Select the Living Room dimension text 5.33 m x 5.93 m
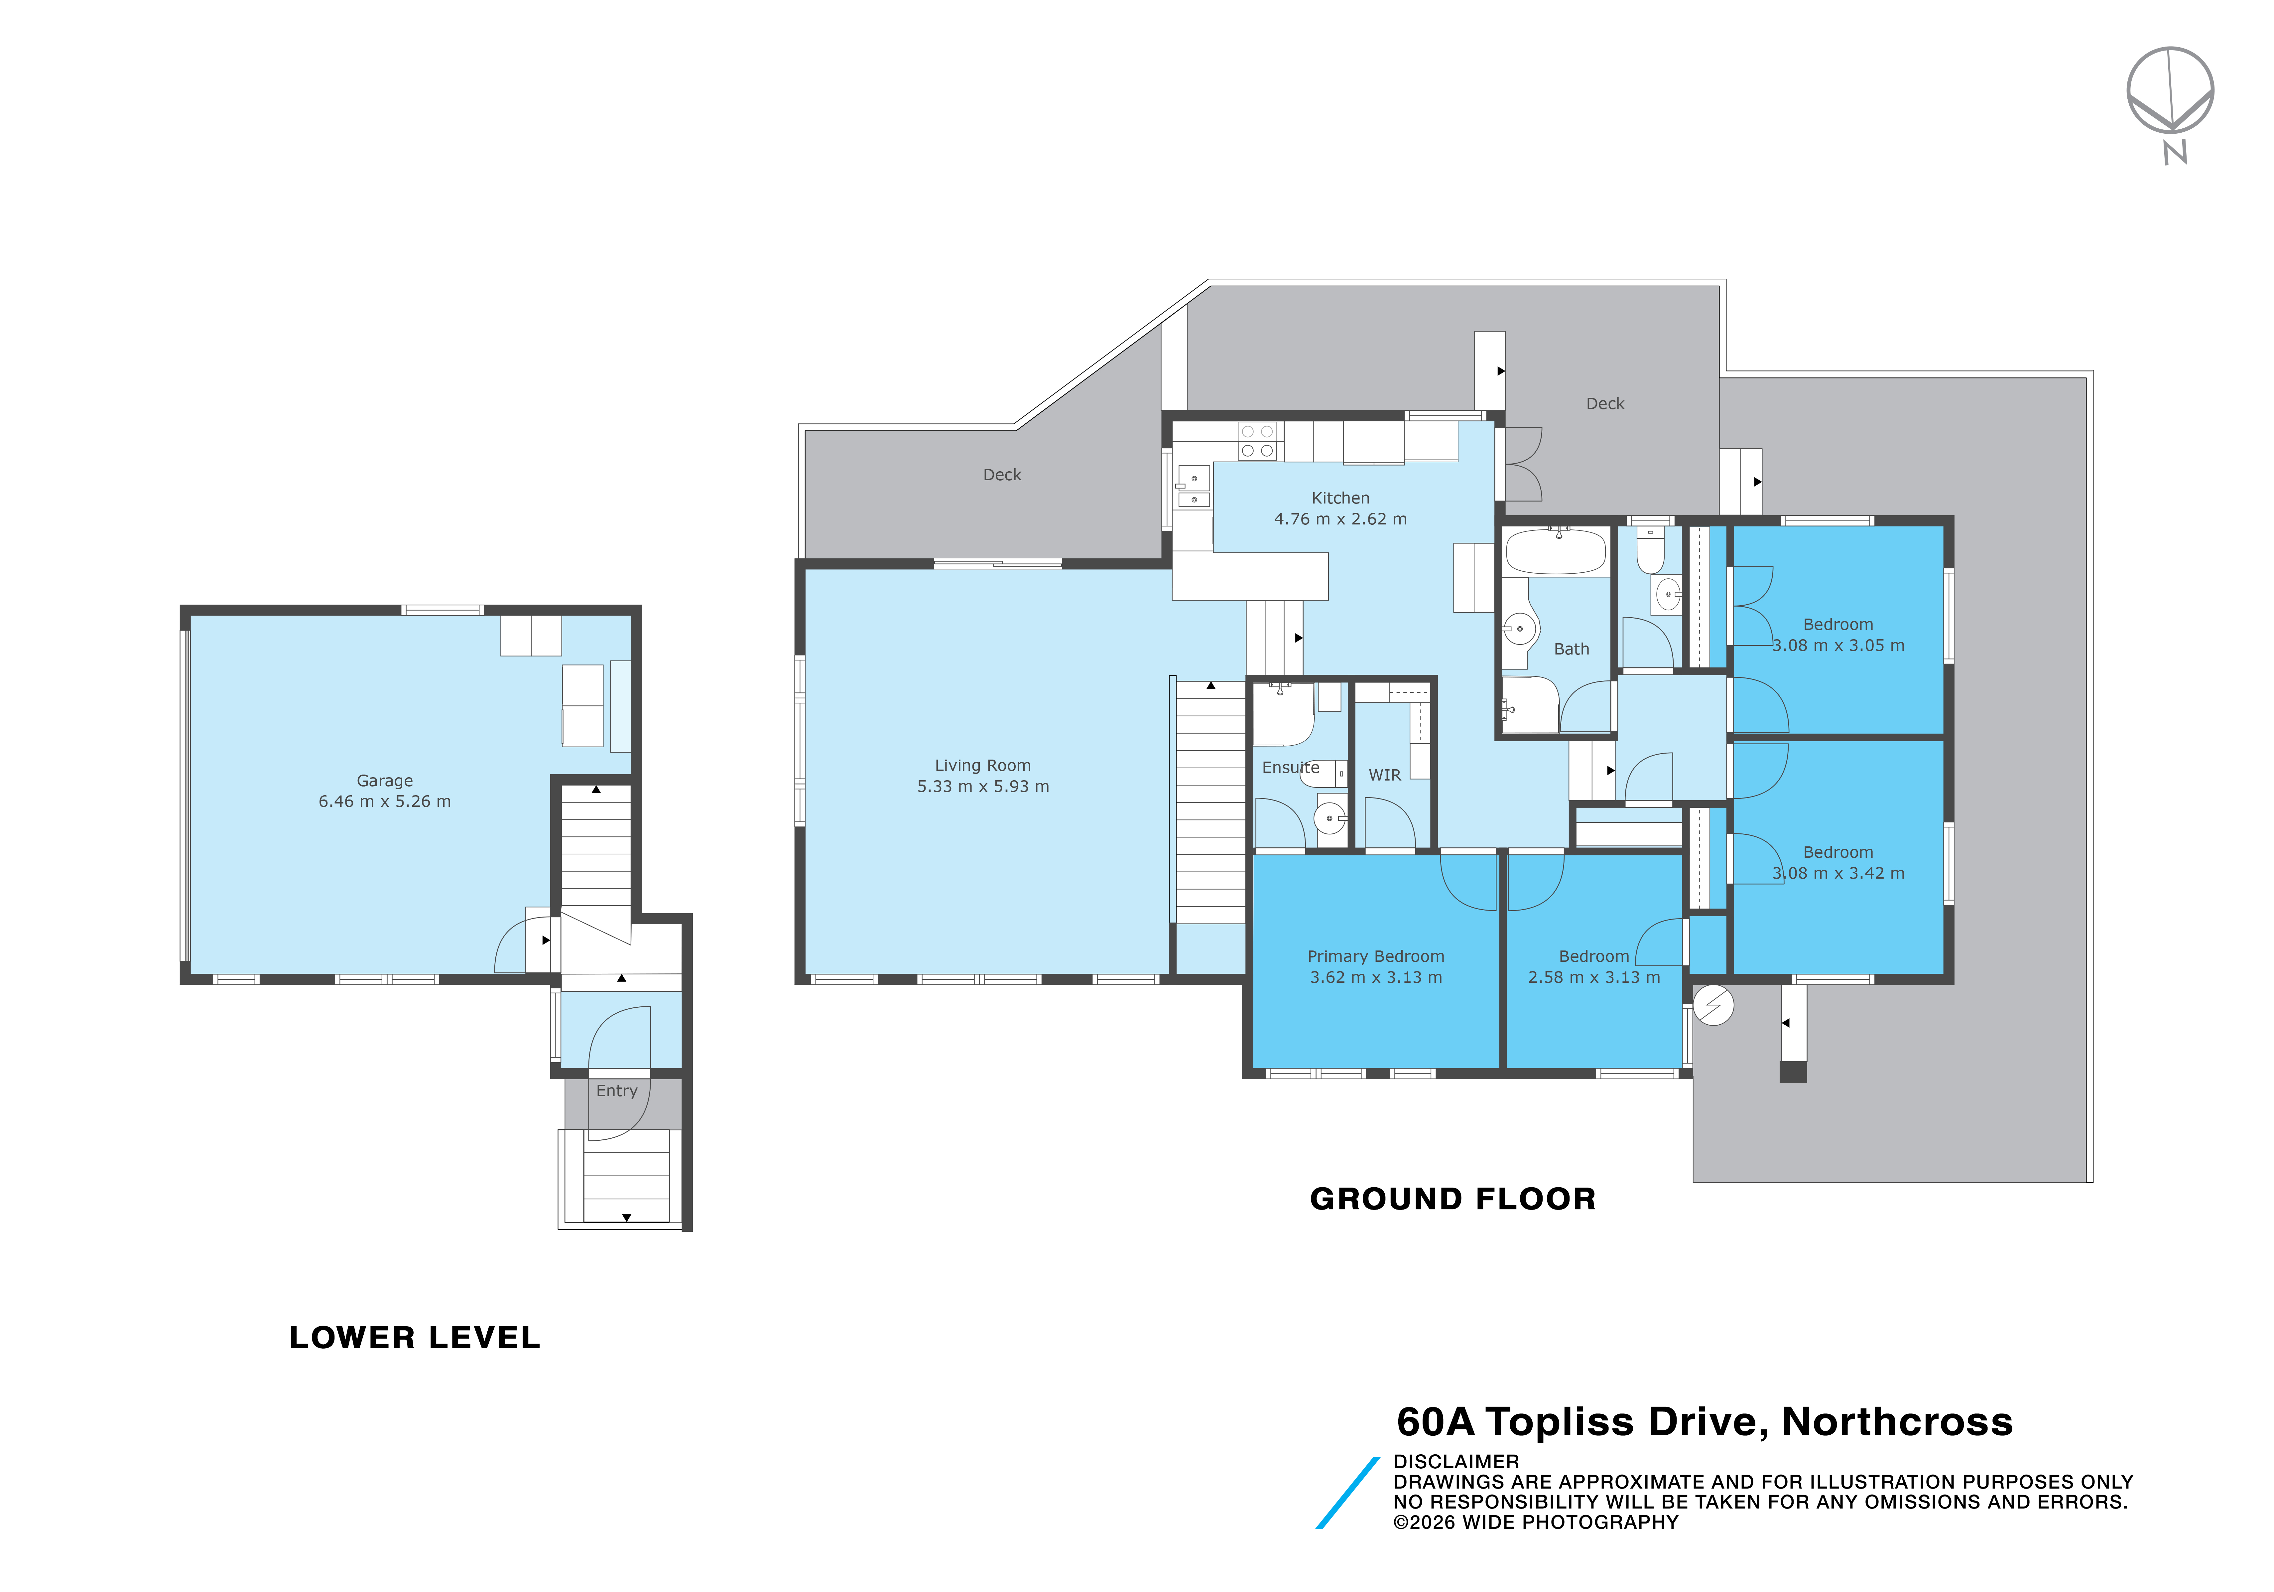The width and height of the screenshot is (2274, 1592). (982, 787)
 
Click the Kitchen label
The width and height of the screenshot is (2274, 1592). (1340, 498)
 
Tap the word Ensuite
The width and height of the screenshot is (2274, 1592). (1291, 768)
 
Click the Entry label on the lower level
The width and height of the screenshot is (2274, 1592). (616, 1091)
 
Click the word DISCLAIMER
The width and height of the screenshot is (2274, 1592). (1456, 1461)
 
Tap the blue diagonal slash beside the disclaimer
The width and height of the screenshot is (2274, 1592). (1347, 1493)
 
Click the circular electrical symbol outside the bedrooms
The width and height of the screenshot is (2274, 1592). (1713, 1006)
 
